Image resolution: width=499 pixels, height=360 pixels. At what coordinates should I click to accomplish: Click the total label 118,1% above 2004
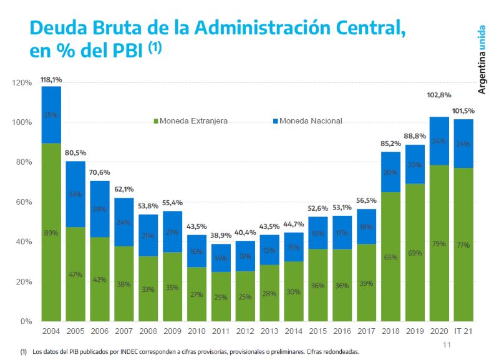tap(51, 80)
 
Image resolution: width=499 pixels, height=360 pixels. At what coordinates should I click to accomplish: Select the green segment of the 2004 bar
tap(51, 250)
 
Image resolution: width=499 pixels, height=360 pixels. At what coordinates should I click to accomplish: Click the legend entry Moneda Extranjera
tap(190, 120)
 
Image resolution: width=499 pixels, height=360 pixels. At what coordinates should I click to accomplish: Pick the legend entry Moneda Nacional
tap(307, 120)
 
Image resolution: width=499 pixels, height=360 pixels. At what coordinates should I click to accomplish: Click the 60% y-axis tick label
tap(24, 202)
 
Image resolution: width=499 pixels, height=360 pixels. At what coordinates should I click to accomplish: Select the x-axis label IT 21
tap(464, 330)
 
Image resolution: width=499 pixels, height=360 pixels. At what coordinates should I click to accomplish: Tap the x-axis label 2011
tap(221, 330)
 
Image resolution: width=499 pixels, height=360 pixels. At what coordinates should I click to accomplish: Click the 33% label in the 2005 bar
tap(75, 194)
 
